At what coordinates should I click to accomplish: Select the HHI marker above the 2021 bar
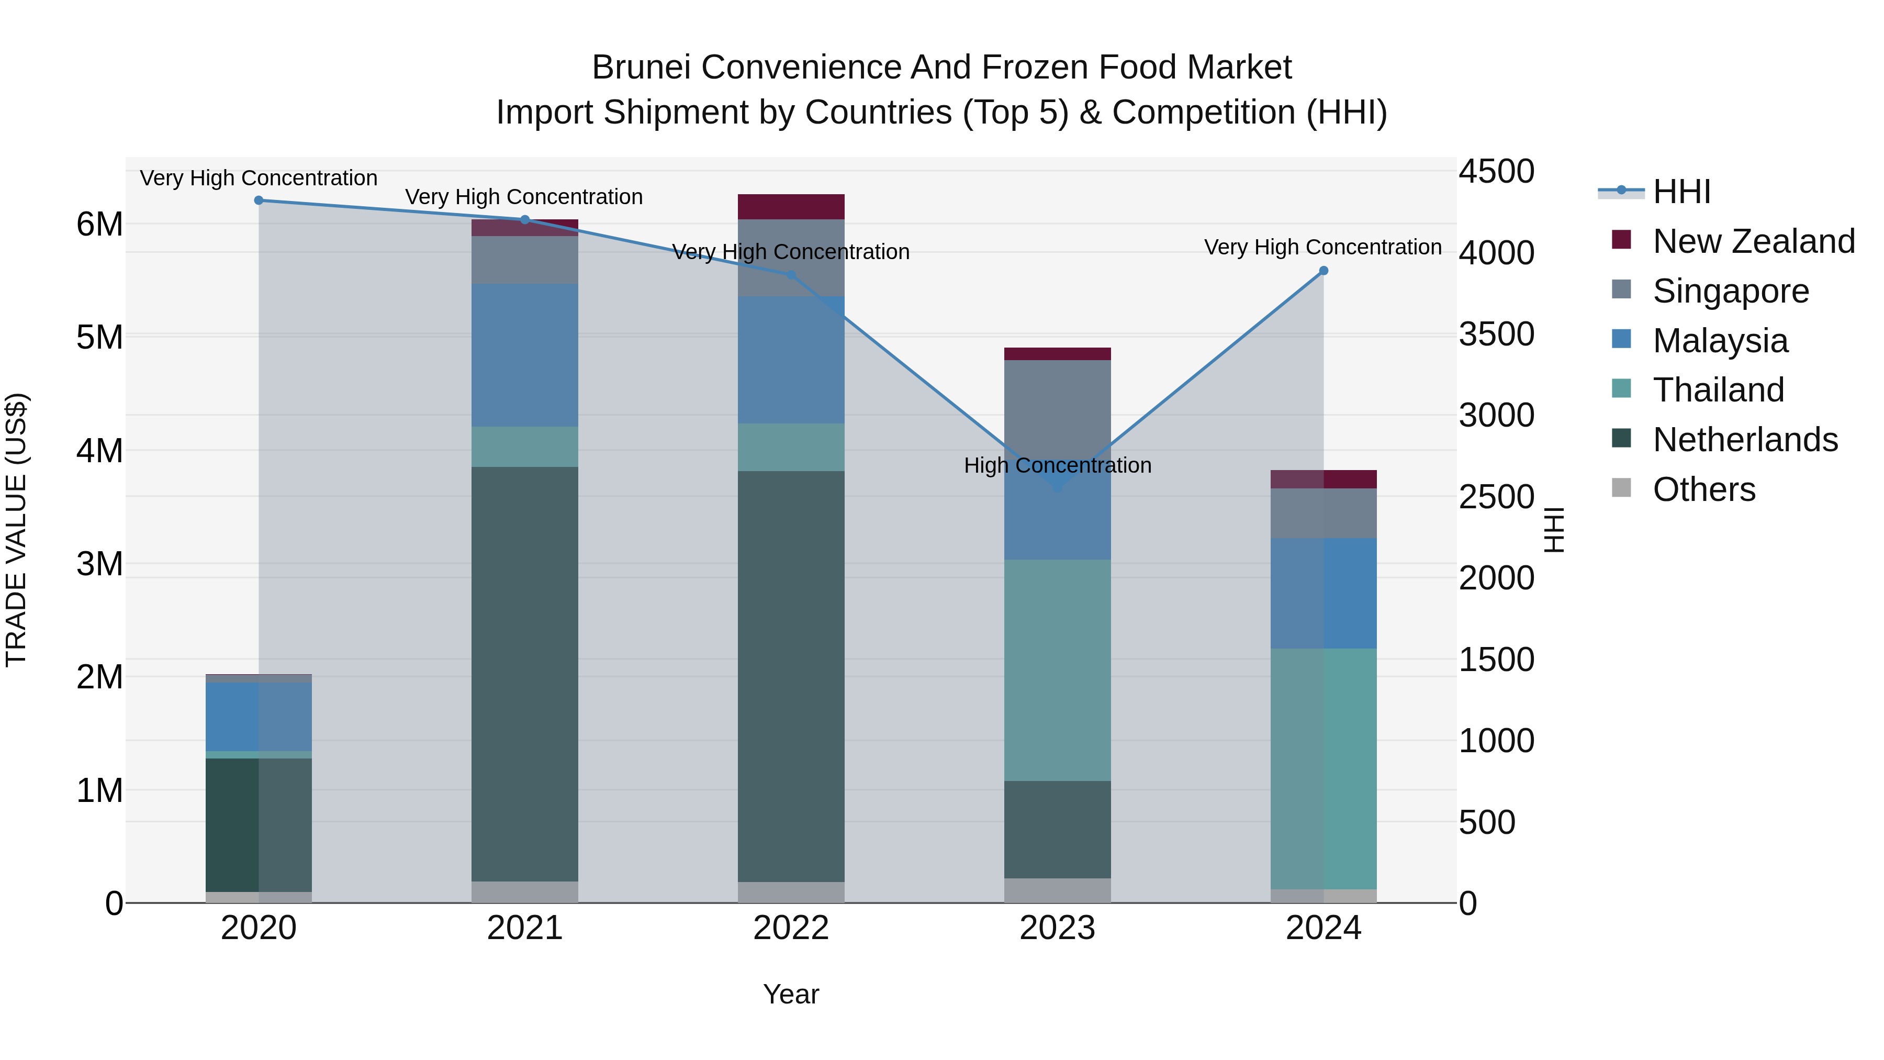coord(524,219)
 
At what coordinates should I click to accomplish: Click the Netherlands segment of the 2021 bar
coord(524,673)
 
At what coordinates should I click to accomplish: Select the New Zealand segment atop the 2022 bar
coord(791,207)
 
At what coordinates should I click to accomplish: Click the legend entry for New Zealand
coord(1753,241)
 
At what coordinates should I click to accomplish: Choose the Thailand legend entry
coord(1718,390)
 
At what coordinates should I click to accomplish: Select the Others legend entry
coord(1703,489)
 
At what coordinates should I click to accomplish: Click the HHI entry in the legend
coord(1680,192)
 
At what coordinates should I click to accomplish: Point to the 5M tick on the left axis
coord(99,337)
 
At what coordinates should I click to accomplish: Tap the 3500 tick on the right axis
coord(1496,334)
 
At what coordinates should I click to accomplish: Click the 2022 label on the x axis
coord(791,928)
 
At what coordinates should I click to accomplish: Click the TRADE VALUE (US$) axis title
coord(16,530)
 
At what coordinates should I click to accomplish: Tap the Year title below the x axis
coord(791,994)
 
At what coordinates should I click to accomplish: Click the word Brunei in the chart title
coord(642,68)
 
